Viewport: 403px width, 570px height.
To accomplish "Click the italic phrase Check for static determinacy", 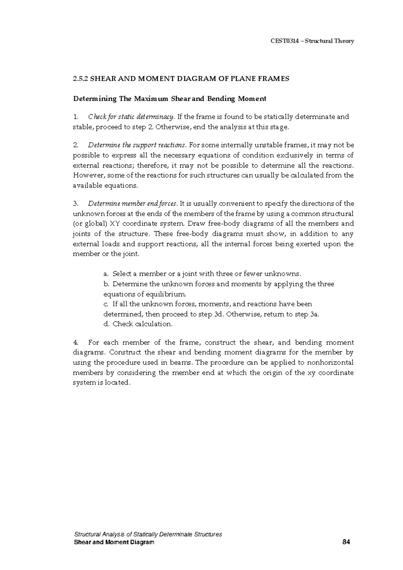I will point(131,117).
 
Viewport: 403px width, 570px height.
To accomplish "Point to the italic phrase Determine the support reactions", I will point(137,145).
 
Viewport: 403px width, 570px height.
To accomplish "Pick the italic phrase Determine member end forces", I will point(133,204).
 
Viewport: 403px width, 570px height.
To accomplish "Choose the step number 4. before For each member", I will point(76,343).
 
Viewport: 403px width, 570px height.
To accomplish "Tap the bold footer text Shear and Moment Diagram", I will point(114,542).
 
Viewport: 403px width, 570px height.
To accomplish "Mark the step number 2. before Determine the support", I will point(76,145).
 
